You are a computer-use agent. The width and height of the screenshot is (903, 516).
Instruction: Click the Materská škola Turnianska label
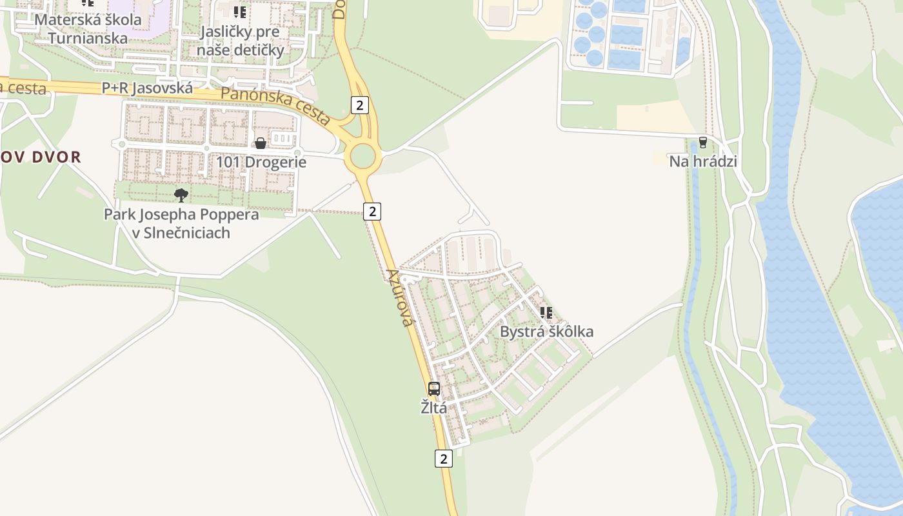[88, 28]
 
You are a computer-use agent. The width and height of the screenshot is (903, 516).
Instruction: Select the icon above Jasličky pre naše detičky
[240, 12]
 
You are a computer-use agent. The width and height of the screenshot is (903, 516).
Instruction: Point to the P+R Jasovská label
[147, 88]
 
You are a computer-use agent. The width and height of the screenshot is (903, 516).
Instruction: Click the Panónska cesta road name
[275, 105]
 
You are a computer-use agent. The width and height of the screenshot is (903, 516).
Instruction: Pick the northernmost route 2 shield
[360, 105]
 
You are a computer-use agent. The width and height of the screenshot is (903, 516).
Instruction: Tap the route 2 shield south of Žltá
[443, 459]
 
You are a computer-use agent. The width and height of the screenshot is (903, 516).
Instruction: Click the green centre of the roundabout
[362, 155]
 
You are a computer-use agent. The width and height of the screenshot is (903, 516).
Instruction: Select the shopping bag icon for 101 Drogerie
[261, 143]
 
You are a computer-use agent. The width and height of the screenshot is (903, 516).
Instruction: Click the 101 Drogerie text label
[261, 162]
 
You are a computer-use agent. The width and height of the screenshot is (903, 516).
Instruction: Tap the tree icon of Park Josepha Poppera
[181, 195]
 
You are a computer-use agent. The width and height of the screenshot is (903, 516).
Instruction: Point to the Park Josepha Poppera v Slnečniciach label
[181, 223]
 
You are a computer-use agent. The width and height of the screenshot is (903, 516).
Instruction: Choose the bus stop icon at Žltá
[434, 389]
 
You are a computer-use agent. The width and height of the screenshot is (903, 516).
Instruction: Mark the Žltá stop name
[434, 408]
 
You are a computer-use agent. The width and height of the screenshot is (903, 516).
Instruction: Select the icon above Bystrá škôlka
[546, 313]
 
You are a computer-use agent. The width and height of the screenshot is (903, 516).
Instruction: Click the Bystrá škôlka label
[547, 332]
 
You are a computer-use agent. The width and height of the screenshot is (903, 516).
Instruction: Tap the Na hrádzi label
[702, 161]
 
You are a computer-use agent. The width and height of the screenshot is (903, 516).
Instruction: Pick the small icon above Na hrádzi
[702, 143]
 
